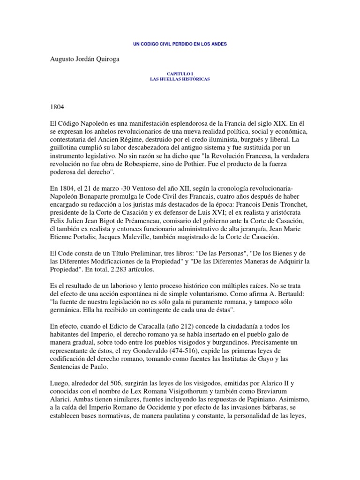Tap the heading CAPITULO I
180,74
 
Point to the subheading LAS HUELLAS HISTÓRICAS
180,79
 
